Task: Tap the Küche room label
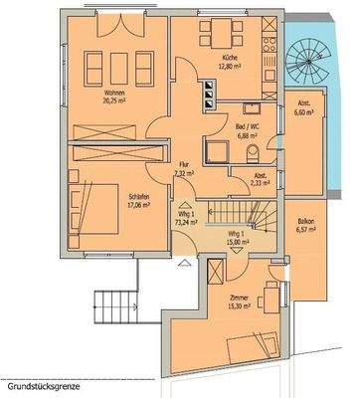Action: click(x=231, y=59)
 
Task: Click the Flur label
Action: click(x=183, y=164)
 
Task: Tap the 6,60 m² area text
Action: click(x=304, y=112)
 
